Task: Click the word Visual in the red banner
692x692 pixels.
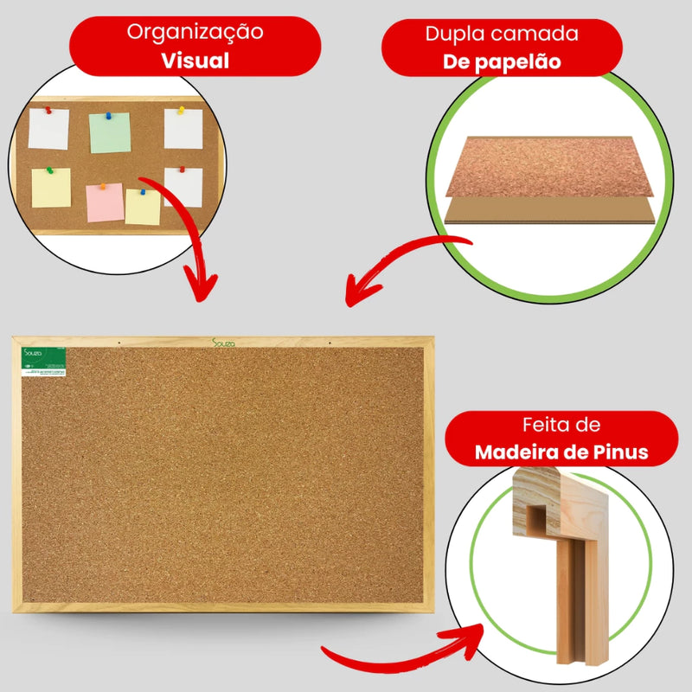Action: point(195,61)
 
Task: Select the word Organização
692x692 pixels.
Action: point(195,33)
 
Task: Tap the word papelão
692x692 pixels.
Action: point(525,62)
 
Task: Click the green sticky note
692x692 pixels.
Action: point(110,132)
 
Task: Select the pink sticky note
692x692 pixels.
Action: point(104,202)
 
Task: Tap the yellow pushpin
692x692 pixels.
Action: point(181,110)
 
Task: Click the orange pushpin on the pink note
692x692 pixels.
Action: point(103,186)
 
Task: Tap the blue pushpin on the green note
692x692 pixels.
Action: point(110,115)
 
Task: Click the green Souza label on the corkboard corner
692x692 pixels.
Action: point(44,362)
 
